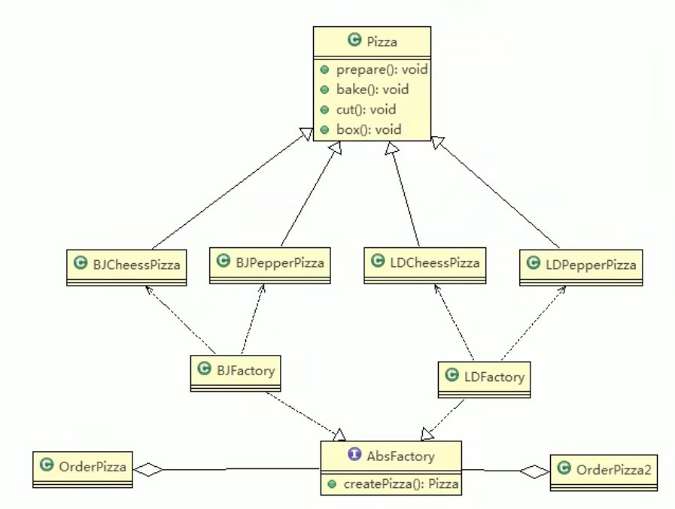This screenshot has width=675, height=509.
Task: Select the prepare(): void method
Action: pyautogui.click(x=372, y=69)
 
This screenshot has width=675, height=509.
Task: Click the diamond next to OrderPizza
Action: pyautogui.click(x=148, y=469)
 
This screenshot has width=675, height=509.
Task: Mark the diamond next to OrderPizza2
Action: pyautogui.click(x=535, y=472)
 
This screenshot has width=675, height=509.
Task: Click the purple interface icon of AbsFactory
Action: pyautogui.click(x=352, y=456)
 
